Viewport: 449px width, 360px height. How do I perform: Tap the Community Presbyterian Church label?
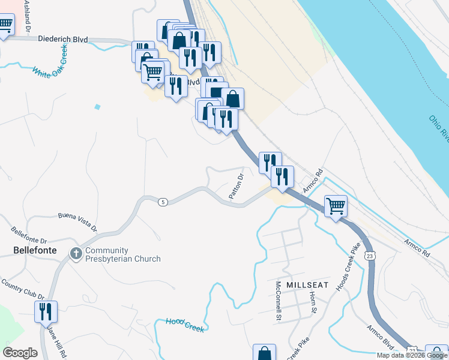point(122,254)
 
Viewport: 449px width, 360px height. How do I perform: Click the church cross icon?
point(76,254)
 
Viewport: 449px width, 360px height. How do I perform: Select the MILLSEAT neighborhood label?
point(307,284)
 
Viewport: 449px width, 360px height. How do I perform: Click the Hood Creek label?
point(185,325)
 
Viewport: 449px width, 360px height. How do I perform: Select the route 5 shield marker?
point(163,202)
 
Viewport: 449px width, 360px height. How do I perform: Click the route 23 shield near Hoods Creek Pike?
point(370,255)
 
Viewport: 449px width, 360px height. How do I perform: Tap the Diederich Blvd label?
point(63,40)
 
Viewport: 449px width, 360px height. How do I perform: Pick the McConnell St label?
point(279,300)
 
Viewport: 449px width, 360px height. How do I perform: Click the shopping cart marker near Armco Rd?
point(336,206)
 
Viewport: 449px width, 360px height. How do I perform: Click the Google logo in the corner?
point(20,353)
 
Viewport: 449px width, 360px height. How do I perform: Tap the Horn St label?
point(313,302)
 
